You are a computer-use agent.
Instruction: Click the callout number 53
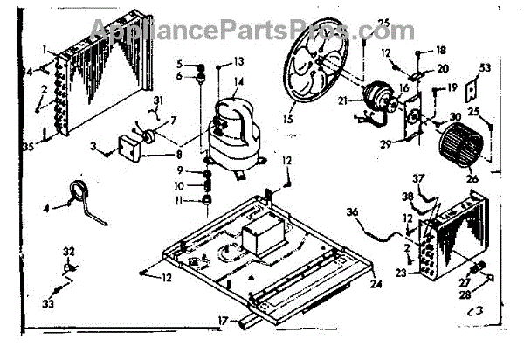tap(485, 66)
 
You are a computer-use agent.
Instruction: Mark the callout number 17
tap(223, 321)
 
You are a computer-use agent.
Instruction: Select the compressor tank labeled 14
tap(234, 131)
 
